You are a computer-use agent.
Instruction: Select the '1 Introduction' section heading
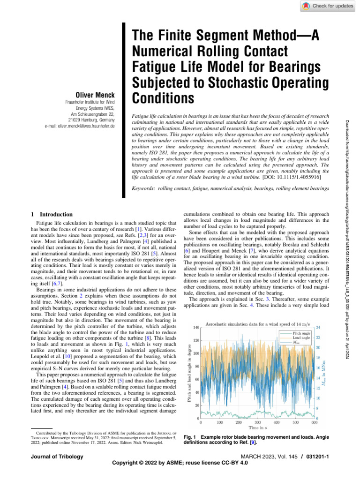[x=52, y=214]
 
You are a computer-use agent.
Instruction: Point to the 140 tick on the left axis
[x=196, y=327]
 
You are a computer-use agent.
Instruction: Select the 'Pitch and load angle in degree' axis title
[x=189, y=373]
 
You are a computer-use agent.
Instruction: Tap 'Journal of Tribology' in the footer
[x=57, y=456]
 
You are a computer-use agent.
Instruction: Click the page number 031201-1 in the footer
[x=317, y=456]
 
